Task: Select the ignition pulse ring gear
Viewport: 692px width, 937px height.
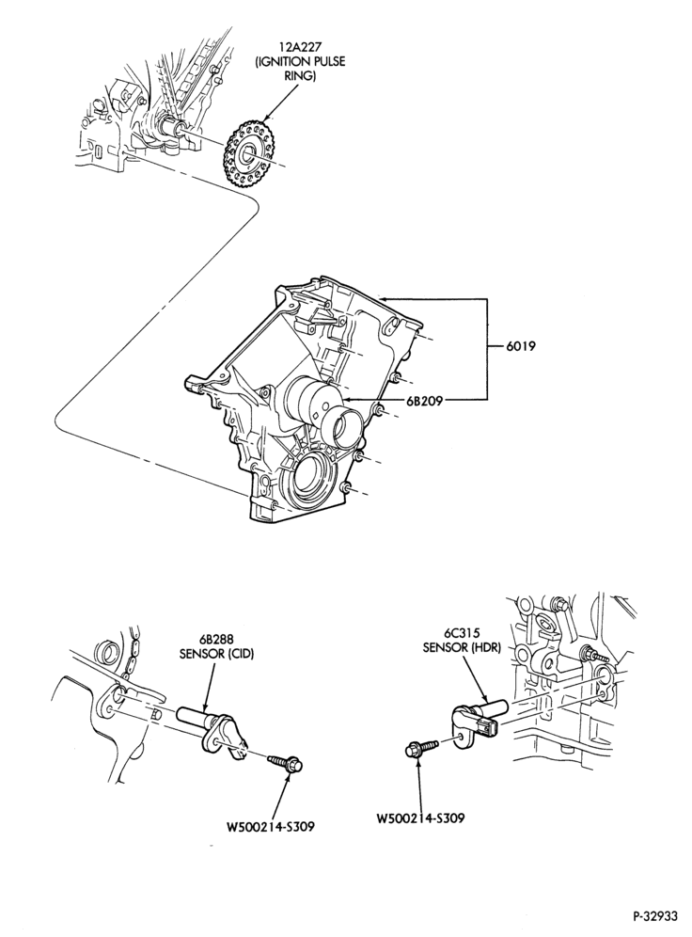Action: click(246, 154)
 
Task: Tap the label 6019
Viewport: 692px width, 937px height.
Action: click(521, 345)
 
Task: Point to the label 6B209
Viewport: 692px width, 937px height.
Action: click(424, 401)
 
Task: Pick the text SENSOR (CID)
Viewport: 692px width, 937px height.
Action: click(217, 654)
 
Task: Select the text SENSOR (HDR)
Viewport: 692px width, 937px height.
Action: click(461, 647)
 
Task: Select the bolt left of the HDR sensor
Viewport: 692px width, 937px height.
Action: click(421, 747)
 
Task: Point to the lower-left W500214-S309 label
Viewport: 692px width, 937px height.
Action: click(271, 827)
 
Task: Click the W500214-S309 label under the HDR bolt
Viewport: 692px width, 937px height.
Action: click(420, 818)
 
